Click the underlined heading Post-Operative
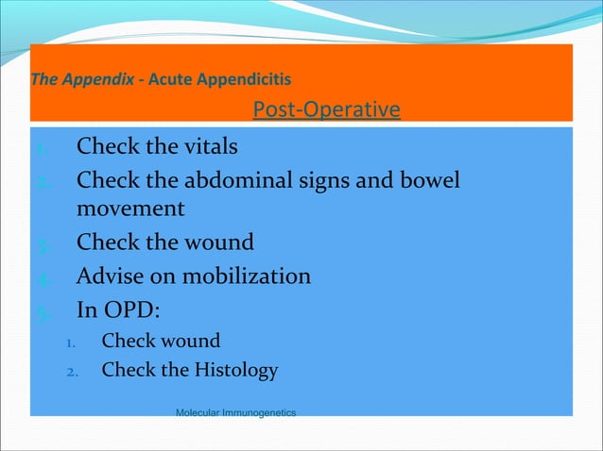click(x=326, y=110)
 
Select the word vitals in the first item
click(x=208, y=147)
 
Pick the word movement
click(x=129, y=208)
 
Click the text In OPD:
click(x=116, y=309)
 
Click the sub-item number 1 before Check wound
click(x=70, y=342)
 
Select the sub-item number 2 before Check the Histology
click(x=70, y=371)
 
